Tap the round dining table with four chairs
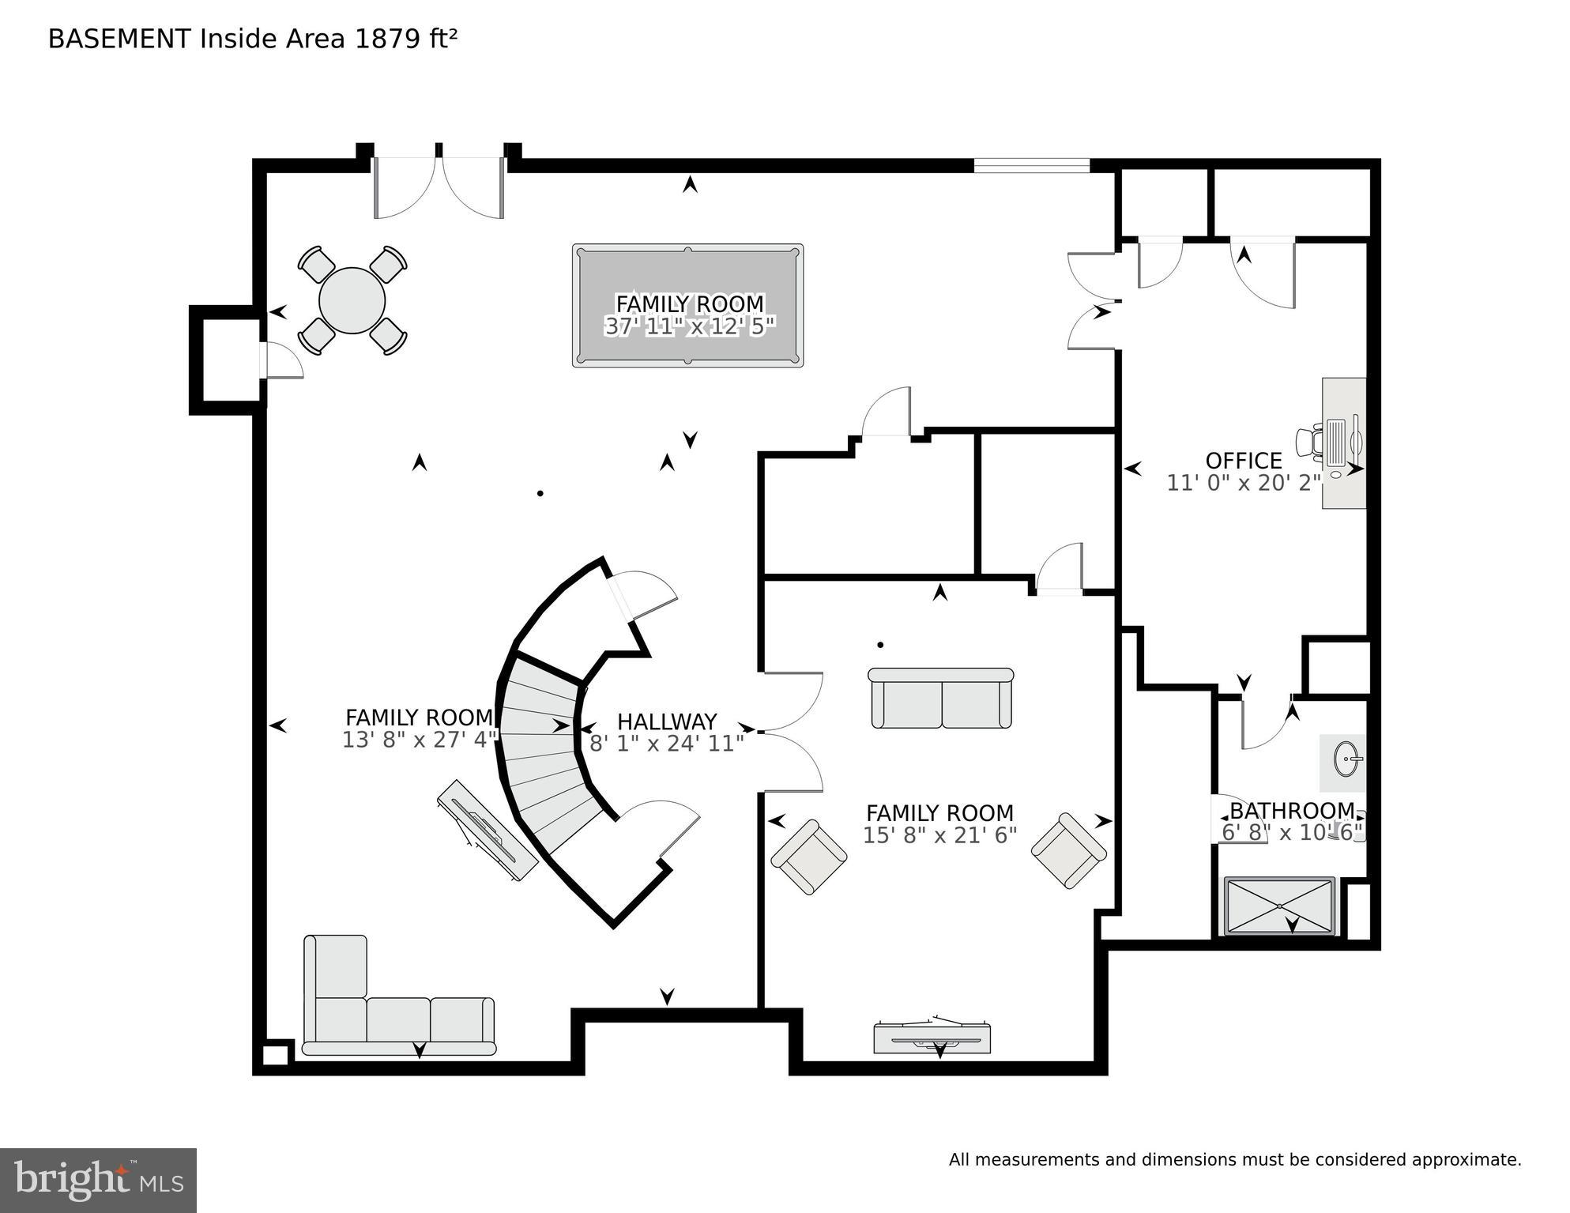point(352,300)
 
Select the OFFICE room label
point(1244,461)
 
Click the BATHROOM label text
point(1291,811)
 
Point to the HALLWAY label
point(667,721)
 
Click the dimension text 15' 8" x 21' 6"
point(939,835)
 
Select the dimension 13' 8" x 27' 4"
point(419,740)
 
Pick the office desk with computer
point(1343,443)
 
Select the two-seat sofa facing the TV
point(940,699)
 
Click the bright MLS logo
point(98,1180)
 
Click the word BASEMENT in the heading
point(119,39)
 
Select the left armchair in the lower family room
point(808,857)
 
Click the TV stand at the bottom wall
point(932,1038)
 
